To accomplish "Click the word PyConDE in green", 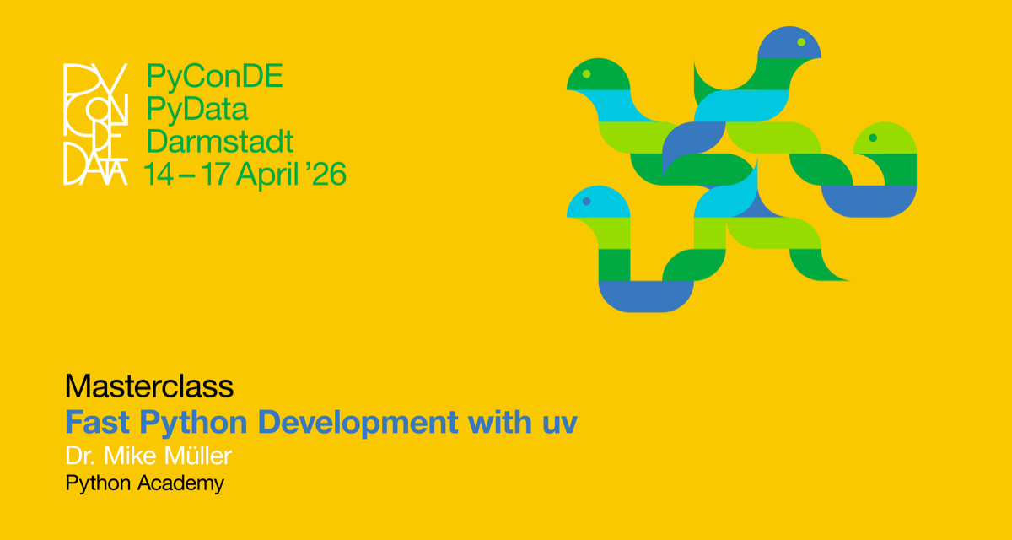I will coord(214,77).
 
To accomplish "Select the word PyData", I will coord(197,109).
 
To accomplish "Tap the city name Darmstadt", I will coord(220,141).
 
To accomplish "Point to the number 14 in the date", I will coord(158,174).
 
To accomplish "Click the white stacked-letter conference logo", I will coord(95,124).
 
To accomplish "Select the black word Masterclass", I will coord(149,386).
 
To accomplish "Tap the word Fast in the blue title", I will coord(94,422).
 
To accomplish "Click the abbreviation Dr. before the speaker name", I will coord(81,456).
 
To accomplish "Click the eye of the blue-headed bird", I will coord(801,41).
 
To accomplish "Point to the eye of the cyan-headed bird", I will coord(586,202).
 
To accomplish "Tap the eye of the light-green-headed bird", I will coord(873,138).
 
